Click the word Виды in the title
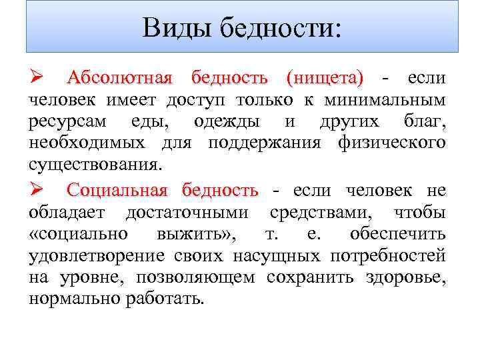pyautogui.click(x=172, y=28)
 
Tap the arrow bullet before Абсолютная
pyautogui.click(x=36, y=79)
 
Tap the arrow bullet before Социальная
pyautogui.click(x=36, y=191)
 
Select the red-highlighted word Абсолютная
pyautogui.click(x=120, y=79)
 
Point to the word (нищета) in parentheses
pyautogui.click(x=325, y=79)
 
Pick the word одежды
pyautogui.click(x=231, y=123)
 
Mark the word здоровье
pyautogui.click(x=405, y=277)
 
